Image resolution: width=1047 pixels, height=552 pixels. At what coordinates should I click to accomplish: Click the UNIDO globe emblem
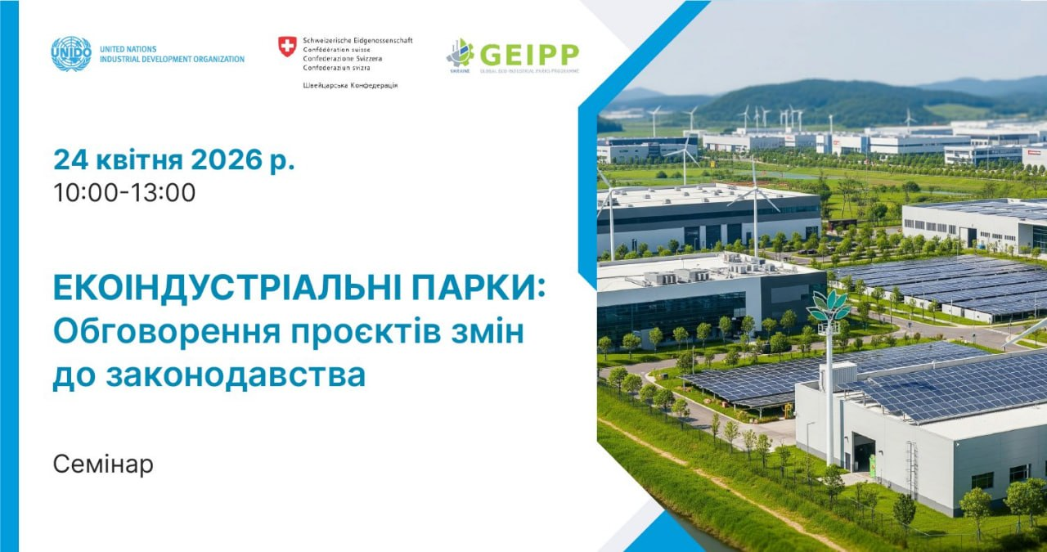coord(71,54)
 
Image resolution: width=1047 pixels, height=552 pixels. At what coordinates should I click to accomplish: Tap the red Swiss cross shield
coord(287,47)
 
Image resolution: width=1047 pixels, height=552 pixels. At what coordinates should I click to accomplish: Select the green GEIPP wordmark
coord(529,54)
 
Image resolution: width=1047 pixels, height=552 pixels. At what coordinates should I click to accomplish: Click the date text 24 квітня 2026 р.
coord(173,159)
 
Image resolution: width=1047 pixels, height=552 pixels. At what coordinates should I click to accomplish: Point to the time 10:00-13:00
coord(124,193)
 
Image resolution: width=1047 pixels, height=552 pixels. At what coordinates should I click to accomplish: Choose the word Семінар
coord(103,464)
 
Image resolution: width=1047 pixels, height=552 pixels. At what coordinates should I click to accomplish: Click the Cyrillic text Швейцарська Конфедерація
coord(350,86)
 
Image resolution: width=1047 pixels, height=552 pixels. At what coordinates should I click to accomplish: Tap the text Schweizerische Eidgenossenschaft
coord(357,40)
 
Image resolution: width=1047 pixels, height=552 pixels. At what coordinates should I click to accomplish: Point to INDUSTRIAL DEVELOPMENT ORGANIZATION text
coord(172,59)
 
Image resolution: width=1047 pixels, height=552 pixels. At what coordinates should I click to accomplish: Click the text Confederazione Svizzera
coord(342,59)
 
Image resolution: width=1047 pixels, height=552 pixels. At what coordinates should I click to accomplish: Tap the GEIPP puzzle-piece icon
coord(461,53)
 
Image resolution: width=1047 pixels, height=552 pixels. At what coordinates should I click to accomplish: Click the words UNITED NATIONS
coord(128,49)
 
